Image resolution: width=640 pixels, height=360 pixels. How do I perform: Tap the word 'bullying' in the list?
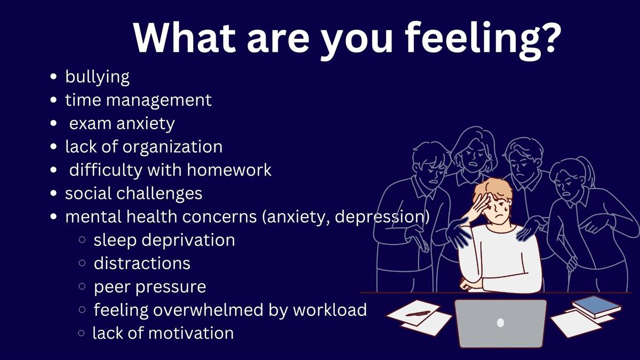[98, 77]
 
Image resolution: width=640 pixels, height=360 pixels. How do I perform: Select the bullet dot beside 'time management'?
[53, 100]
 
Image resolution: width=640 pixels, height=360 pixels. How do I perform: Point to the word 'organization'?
[172, 147]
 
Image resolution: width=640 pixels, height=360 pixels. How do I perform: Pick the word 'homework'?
[229, 170]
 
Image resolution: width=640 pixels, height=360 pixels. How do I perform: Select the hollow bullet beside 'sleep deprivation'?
[82, 239]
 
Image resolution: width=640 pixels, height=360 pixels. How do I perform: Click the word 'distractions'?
[142, 263]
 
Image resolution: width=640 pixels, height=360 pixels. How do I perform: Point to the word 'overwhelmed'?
[208, 310]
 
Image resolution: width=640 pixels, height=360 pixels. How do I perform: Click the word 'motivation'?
[191, 333]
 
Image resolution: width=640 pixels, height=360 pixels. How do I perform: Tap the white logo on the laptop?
[500, 323]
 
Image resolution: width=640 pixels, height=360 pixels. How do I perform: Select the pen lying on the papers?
[418, 314]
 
